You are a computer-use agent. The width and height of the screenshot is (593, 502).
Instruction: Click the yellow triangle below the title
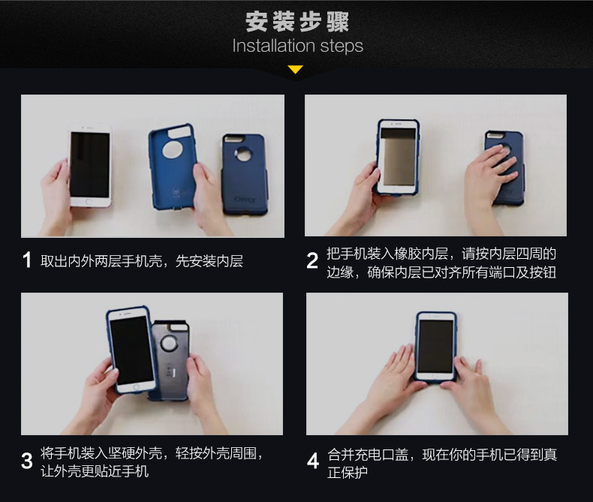point(295,69)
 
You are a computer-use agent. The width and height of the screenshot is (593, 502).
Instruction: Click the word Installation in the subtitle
point(274,46)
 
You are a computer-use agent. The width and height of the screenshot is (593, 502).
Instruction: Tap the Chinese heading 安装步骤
point(297,22)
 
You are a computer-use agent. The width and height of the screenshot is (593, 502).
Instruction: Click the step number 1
point(27,260)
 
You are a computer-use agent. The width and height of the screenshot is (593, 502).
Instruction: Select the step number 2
point(312,260)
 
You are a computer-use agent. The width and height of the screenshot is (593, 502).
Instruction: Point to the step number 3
point(27,461)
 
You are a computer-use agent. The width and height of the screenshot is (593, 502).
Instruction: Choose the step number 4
point(313,461)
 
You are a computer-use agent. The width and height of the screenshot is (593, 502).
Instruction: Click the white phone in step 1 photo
point(90,165)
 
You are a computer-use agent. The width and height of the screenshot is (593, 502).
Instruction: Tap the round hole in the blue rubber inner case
point(172,149)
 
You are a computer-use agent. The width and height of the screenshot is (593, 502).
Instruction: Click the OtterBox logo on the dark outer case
point(245,199)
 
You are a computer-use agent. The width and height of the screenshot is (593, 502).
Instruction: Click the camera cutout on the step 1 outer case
point(242,154)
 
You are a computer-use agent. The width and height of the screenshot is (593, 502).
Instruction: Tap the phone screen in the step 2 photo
point(399,157)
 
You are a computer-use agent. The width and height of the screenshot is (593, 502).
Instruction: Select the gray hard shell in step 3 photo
point(169,359)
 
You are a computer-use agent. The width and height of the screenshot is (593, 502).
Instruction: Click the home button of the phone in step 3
point(137,387)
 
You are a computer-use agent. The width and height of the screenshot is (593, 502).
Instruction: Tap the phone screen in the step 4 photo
point(435,346)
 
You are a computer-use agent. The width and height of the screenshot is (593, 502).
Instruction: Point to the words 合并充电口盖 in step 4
point(368,455)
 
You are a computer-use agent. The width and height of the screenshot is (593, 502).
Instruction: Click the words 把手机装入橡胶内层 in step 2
point(387,254)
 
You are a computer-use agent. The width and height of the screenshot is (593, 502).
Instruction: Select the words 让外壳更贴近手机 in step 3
point(95,471)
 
